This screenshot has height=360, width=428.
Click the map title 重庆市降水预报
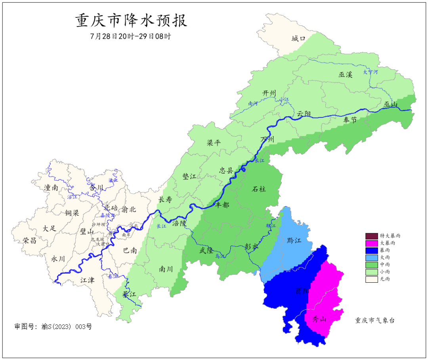[x=131, y=21]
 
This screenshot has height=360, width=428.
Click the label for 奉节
[x=350, y=120]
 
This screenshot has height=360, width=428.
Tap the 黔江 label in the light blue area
[x=294, y=240]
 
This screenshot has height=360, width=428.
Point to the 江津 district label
[x=87, y=280]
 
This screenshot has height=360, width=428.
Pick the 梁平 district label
[x=214, y=143]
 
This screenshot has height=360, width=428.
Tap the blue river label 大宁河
[x=371, y=72]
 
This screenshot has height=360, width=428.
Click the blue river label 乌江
[x=220, y=257]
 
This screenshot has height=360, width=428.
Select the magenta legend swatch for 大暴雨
[x=371, y=243]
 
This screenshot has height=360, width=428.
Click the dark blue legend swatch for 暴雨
[x=371, y=250]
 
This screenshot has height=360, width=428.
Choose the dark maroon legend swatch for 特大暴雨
[x=371, y=236]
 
